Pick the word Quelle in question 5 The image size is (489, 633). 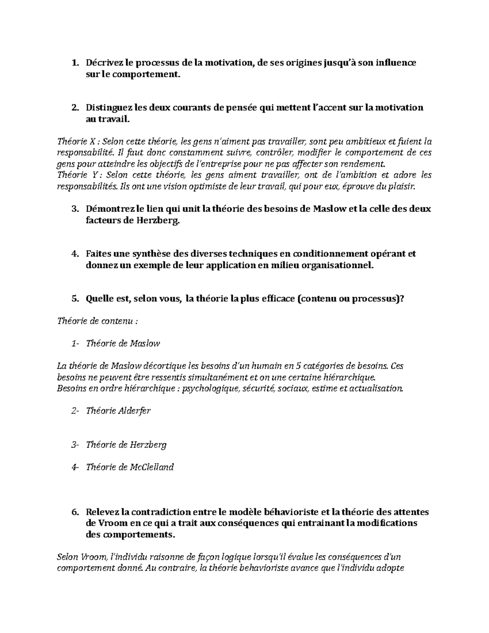[x=97, y=299]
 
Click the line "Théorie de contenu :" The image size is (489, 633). [x=97, y=321]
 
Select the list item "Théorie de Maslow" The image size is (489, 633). [x=123, y=344]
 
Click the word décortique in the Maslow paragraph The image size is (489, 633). [x=157, y=366]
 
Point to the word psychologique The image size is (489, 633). [x=210, y=388]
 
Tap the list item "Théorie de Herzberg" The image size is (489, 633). [x=126, y=445]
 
